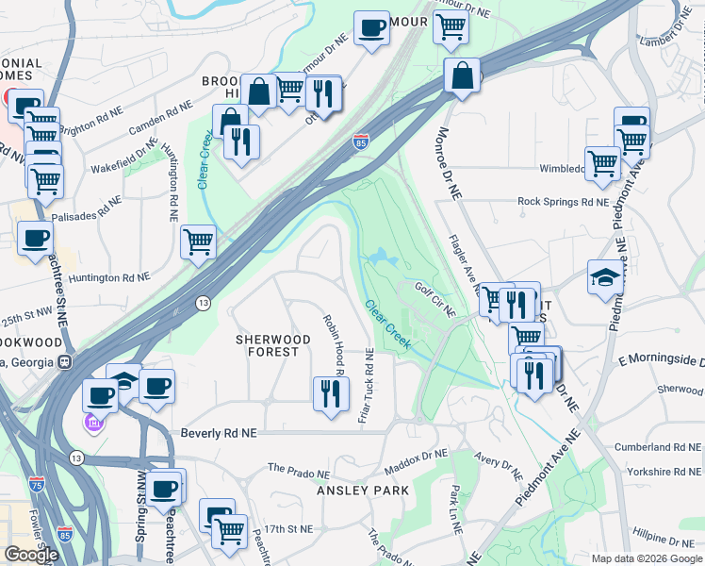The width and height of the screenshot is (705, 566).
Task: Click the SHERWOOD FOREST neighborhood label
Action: coord(267,345)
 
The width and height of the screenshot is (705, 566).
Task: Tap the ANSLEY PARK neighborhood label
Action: coord(363,491)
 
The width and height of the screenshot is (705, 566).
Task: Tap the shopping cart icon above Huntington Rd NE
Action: coord(199,242)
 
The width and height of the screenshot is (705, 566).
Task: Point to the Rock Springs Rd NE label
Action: coord(563,201)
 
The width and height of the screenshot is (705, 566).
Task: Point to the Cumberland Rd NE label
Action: coord(660,445)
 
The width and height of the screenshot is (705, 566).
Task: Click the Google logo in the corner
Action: coord(31,555)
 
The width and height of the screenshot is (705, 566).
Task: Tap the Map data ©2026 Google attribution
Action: coord(646,558)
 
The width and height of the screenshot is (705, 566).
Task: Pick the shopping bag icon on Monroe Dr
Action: coord(462,76)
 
